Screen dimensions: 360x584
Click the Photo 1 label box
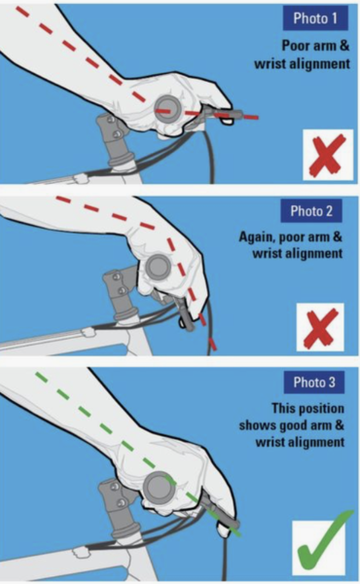pyautogui.click(x=315, y=18)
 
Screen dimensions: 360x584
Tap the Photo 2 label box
pyautogui.click(x=311, y=211)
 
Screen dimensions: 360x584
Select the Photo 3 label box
pyautogui.click(x=314, y=383)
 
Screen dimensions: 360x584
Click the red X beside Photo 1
pyautogui.click(x=328, y=155)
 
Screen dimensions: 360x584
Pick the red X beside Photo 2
pyautogui.click(x=320, y=327)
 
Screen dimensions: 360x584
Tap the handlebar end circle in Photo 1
pyautogui.click(x=167, y=108)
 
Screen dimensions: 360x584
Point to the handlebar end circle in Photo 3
pyautogui.click(x=158, y=488)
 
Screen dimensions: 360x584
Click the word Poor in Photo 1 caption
pyautogui.click(x=294, y=46)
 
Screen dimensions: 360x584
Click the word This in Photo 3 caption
pyautogui.click(x=283, y=408)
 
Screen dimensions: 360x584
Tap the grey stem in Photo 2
pyautogui.click(x=120, y=294)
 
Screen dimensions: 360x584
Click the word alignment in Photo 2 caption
pyautogui.click(x=315, y=254)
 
